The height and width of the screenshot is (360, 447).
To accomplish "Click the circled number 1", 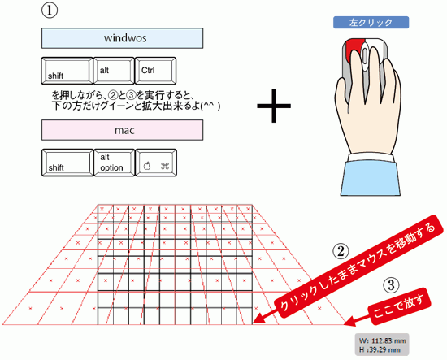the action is coord(50,11).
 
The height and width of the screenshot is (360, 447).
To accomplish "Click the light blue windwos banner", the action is coord(122,38).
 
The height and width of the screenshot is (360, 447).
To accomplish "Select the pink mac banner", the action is coord(122,130).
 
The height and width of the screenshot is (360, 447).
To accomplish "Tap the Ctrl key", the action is coord(155,71).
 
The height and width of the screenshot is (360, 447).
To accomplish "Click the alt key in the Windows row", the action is coord(114,71).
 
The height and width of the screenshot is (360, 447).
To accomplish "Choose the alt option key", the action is coord(115,163).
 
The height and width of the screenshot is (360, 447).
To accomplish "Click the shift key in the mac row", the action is coord(67,163).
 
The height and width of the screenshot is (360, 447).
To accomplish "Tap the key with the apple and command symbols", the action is coord(156,163).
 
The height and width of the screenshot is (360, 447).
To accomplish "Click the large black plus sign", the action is coord(274,106).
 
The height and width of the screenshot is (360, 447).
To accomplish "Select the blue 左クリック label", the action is coord(371,23).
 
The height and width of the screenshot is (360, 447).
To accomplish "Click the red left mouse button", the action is coord(354,50).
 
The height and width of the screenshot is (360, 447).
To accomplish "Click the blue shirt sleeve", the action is coord(371,178).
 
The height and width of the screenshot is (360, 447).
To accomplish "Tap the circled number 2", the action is coord(341,251).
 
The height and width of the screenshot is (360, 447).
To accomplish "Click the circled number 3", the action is coord(391,285).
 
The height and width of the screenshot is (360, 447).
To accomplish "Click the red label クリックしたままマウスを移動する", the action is coord(358,266).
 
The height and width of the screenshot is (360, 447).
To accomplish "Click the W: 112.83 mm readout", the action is coord(382,340).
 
